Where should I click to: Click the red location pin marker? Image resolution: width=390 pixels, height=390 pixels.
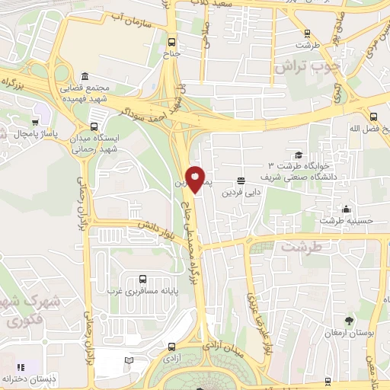(x=195, y=179)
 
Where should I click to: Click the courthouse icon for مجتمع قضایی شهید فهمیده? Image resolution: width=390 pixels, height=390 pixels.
(x=83, y=78)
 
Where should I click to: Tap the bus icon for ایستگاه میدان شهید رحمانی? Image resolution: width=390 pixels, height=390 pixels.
(x=94, y=127)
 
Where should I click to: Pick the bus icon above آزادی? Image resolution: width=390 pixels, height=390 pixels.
(x=169, y=343)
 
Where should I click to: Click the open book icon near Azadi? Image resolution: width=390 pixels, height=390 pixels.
(x=129, y=360)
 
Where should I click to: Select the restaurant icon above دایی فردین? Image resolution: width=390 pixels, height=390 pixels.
(x=241, y=181)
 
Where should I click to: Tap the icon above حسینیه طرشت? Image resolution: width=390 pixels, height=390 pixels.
(x=347, y=209)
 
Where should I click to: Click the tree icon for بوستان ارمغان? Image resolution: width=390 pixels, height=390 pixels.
(x=350, y=320)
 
